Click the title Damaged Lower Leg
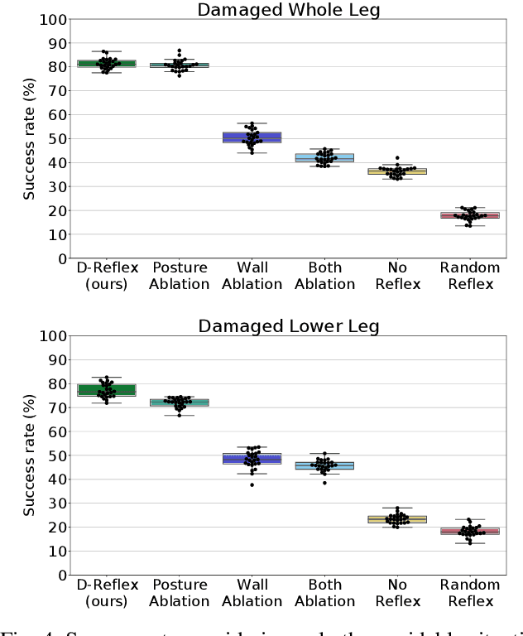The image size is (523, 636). [x=288, y=325]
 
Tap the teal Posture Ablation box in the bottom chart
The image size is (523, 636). [x=190, y=402]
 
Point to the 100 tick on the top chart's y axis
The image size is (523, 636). [x=55, y=19]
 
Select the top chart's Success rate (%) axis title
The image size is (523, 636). [x=29, y=139]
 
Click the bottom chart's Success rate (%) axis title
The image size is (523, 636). [x=29, y=455]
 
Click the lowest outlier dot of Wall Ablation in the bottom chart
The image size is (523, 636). [x=252, y=484]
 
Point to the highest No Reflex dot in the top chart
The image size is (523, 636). [x=397, y=157]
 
